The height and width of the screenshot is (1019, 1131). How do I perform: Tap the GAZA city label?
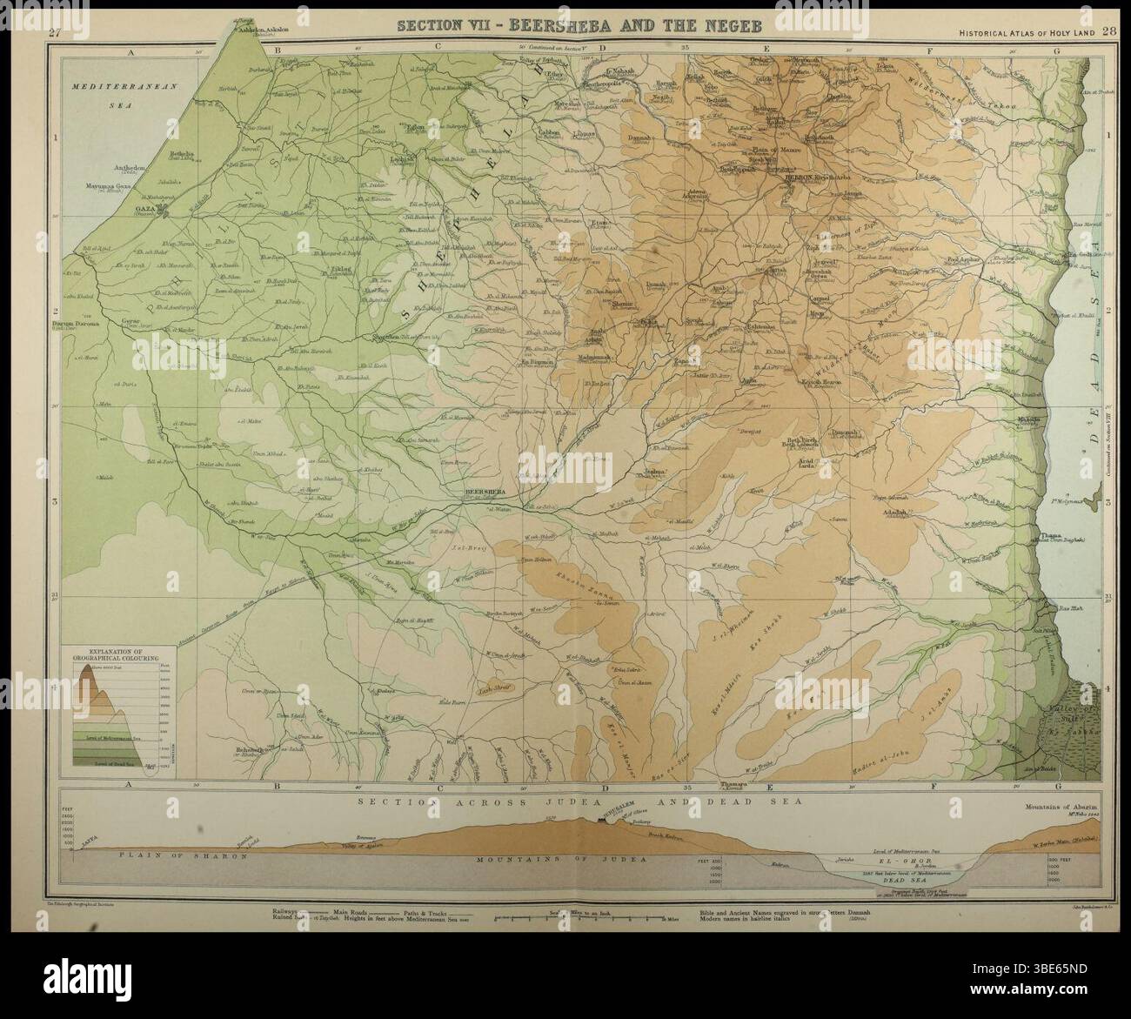pos(147,210)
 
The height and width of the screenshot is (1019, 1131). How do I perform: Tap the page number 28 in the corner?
pos(1108,32)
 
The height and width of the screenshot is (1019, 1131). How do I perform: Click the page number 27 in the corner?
pos(55,33)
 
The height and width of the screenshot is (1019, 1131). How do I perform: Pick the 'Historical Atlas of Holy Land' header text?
pos(1026,33)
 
